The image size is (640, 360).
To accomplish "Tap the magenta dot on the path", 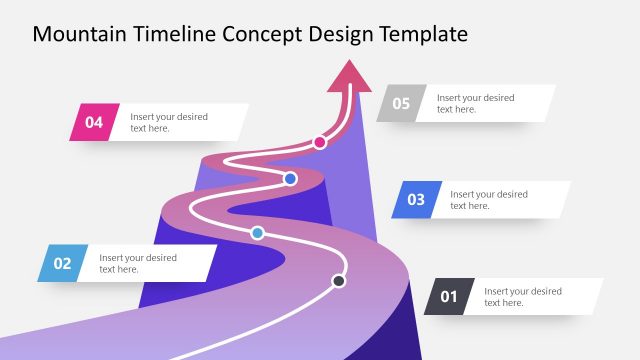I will point(320,142).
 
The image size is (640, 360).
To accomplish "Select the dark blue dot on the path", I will point(290,179).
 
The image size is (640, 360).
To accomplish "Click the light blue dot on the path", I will point(257,233).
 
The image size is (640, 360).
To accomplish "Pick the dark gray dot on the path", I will point(339,281).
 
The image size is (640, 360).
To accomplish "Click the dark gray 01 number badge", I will point(449,296).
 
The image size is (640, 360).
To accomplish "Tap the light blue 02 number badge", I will point(63,263).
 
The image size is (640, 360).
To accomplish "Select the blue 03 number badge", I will point(415,199).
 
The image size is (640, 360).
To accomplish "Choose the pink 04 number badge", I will point(94,122).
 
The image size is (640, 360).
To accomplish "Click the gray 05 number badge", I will point(401,103).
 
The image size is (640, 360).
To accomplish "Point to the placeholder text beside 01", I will point(523,296).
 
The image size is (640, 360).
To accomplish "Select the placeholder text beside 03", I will point(489,199).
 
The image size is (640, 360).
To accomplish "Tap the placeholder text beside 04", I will point(169,122).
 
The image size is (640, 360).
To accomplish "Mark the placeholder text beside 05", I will point(475,103).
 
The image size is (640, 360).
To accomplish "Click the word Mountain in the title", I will point(79,35).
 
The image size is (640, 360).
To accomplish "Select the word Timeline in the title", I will point(175,35).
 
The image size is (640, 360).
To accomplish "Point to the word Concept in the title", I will point(264,35).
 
